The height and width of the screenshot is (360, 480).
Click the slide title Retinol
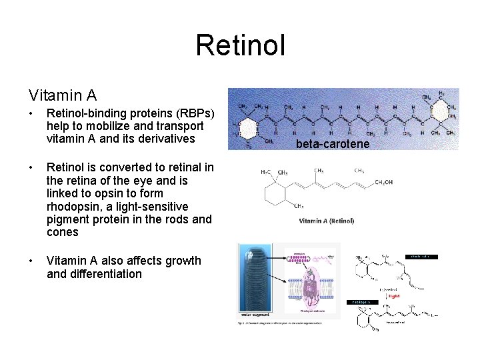[240, 45]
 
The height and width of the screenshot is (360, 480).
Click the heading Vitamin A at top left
[62, 97]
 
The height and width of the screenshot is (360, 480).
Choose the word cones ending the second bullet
[63, 233]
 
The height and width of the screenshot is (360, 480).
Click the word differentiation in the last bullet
[95, 274]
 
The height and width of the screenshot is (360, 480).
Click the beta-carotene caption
[333, 144]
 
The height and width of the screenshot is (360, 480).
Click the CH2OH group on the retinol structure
[384, 182]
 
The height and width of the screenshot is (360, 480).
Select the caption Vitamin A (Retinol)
[326, 221]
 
